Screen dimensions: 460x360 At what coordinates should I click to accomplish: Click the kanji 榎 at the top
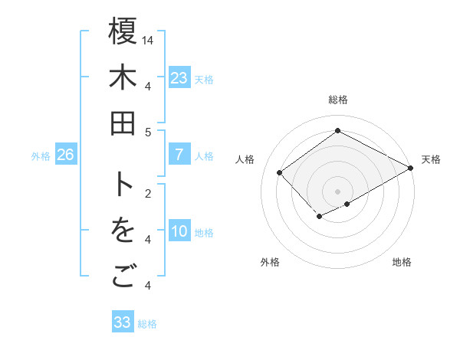click(123, 33)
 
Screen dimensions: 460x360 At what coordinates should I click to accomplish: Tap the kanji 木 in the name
click(123, 79)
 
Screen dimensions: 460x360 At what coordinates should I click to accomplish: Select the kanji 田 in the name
click(123, 123)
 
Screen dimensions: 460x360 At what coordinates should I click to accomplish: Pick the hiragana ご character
click(123, 277)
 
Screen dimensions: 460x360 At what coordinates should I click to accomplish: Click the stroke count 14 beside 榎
click(148, 39)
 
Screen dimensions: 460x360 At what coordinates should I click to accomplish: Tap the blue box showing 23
click(179, 78)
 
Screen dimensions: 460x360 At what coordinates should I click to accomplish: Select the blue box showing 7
click(179, 155)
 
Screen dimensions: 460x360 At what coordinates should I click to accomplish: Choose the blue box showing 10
click(179, 232)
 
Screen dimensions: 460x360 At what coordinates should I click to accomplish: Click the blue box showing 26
click(65, 155)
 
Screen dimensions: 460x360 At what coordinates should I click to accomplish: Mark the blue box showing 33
click(122, 322)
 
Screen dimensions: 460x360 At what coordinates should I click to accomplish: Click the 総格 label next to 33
click(147, 324)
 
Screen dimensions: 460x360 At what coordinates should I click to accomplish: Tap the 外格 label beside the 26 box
click(41, 156)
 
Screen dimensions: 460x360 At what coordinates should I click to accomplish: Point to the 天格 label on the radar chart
click(431, 159)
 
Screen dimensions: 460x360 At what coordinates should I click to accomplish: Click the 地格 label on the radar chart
click(402, 262)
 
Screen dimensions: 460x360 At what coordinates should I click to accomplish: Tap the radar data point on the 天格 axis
click(411, 169)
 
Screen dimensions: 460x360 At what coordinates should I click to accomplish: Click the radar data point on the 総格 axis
click(337, 130)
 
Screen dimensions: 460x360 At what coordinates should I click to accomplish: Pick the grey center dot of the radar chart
click(337, 191)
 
